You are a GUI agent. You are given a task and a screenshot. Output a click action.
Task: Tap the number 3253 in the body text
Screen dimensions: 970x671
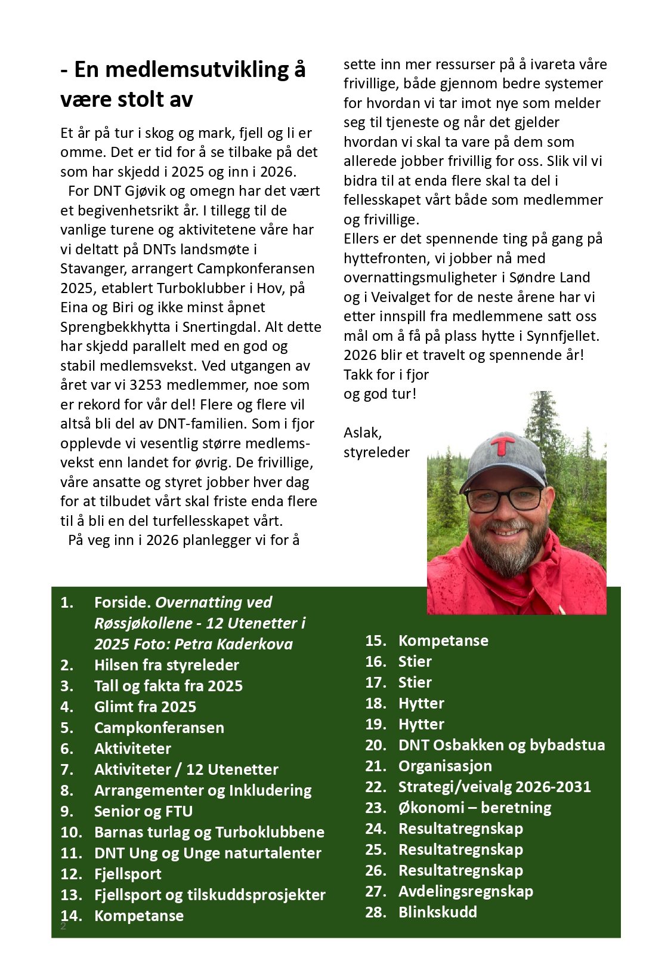[x=147, y=385]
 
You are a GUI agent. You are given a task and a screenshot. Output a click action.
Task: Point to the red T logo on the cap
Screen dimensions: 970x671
[x=502, y=445]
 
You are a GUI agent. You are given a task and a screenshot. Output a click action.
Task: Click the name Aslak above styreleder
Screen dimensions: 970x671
[x=362, y=432]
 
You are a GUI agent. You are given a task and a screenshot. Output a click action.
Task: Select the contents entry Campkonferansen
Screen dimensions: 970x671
[x=159, y=728]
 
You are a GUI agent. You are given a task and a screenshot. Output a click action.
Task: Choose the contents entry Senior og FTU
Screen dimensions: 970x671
[x=143, y=811]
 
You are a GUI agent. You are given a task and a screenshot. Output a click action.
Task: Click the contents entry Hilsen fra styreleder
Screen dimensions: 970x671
[x=166, y=665]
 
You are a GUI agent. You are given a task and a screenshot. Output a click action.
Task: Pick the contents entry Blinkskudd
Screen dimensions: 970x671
[x=437, y=912]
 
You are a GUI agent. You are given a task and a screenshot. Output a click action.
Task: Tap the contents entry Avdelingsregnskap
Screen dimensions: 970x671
[x=465, y=891]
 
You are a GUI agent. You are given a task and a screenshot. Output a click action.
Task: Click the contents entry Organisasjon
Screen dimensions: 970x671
[x=445, y=766]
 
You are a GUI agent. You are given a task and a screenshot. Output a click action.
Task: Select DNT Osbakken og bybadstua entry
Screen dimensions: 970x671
[x=501, y=745]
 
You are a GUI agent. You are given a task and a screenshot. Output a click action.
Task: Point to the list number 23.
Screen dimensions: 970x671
[x=375, y=808]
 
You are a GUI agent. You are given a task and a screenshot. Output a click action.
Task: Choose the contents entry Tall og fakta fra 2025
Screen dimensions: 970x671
[x=168, y=686]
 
